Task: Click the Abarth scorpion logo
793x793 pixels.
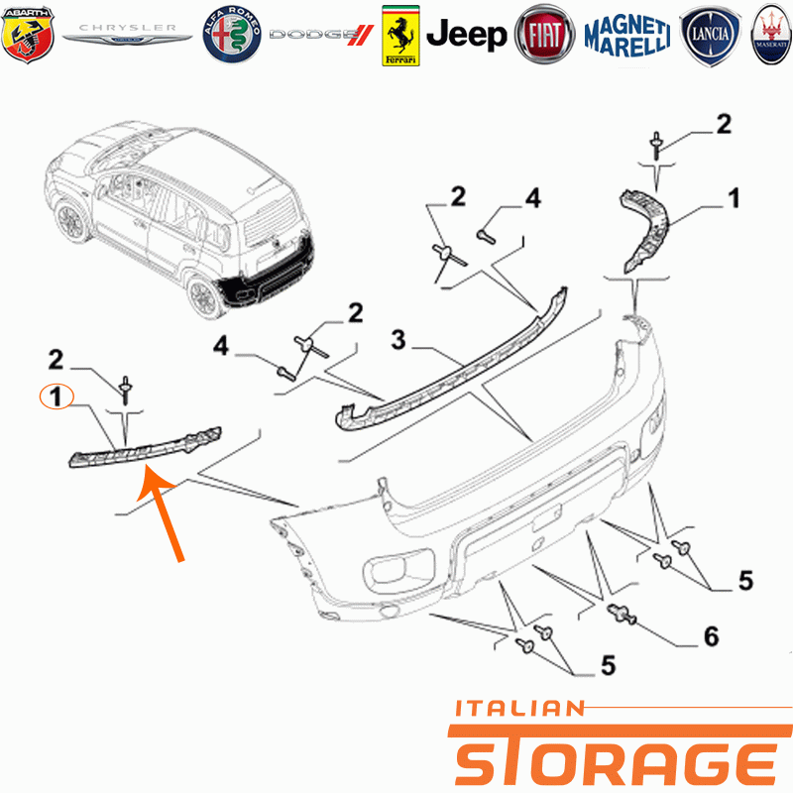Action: coord(28,35)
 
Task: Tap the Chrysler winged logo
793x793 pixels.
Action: coord(128,34)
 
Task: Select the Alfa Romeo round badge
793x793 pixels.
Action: coord(232,35)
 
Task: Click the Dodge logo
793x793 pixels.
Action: coord(321,35)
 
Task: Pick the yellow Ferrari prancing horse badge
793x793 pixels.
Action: coord(400,36)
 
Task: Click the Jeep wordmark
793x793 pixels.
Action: coord(466,35)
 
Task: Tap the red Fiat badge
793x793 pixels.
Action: coord(544,35)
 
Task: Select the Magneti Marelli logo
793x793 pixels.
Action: coord(627,35)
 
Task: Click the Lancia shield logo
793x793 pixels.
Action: coord(710,36)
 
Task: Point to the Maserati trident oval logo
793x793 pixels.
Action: coord(771,35)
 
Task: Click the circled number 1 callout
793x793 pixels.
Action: coord(57,396)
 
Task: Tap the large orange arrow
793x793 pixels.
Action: coord(161,512)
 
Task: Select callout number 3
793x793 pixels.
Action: coord(398,340)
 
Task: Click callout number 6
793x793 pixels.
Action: coord(712,636)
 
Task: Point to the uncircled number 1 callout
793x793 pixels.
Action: coord(734,198)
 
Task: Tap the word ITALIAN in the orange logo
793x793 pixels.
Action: coord(519,709)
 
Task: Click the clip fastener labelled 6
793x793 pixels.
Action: coord(622,614)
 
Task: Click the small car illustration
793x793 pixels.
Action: coord(179,219)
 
